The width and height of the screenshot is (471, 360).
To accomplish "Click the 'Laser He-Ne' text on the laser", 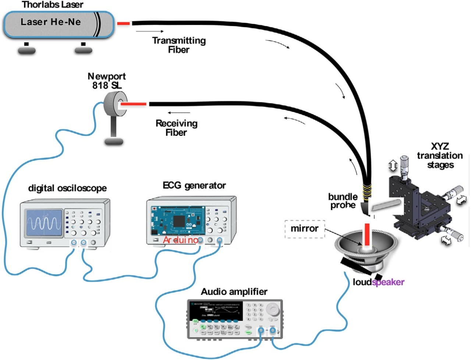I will click(x=51, y=22).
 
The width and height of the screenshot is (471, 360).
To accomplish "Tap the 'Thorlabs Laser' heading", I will click(x=53, y=5).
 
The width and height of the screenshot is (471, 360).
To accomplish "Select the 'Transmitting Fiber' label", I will click(x=179, y=45).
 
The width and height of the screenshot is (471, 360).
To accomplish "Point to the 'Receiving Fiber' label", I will click(x=176, y=128).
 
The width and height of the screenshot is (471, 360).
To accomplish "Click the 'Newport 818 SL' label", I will click(x=107, y=81).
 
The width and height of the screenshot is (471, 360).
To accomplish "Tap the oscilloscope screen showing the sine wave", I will click(x=43, y=223).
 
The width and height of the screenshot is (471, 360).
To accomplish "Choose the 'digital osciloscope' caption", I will click(x=67, y=188).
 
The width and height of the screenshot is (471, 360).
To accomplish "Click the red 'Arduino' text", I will click(x=180, y=240).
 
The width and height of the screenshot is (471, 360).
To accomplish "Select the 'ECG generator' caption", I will click(x=194, y=185).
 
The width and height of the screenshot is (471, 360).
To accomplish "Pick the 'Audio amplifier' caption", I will click(x=234, y=292).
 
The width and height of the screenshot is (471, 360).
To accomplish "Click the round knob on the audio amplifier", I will click(x=272, y=309).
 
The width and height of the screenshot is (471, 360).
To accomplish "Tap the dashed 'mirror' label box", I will click(x=304, y=229).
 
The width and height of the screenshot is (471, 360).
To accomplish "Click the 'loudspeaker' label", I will click(x=378, y=282).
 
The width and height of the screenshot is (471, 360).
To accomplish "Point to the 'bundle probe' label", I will click(x=343, y=201).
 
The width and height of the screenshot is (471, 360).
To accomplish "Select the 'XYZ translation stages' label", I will click(x=440, y=156).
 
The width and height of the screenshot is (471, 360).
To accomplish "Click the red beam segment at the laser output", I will click(x=124, y=24).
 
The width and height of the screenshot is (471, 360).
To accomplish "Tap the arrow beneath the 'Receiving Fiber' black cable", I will click(x=179, y=113).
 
